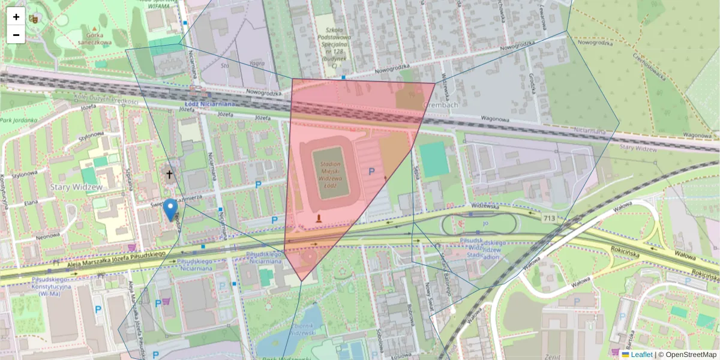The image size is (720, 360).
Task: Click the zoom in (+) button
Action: coord(16,17)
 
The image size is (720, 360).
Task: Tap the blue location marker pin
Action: coord(171,209)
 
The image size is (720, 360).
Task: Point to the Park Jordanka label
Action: coord(17,120)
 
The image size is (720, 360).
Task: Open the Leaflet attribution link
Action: coord(641,355)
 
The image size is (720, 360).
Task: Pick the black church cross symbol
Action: coord(169,175)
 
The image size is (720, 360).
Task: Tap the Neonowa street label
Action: coord(47,236)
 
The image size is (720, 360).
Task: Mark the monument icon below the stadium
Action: coord(319,218)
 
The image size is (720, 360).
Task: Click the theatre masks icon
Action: coord(33,19)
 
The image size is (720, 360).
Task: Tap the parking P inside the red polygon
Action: coord(371,172)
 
